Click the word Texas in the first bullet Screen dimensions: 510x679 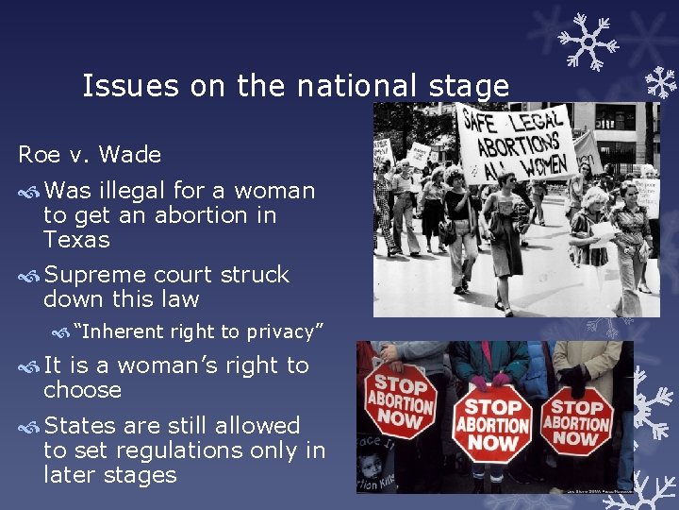tap(76, 240)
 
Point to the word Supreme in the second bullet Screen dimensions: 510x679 tap(95, 275)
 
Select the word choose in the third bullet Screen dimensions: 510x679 tap(83, 390)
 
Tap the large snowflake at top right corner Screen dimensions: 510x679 tap(587, 40)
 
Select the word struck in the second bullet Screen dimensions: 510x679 tap(255, 275)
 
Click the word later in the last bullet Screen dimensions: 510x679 tap(69, 474)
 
